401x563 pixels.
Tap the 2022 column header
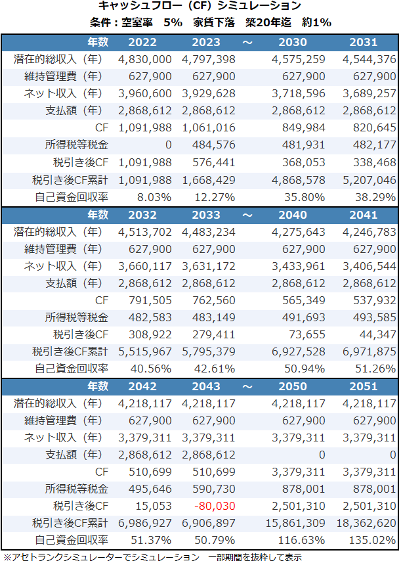(142, 42)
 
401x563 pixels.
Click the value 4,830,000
(145, 59)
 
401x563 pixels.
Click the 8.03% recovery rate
(154, 196)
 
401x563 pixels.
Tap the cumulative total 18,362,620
(367, 523)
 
